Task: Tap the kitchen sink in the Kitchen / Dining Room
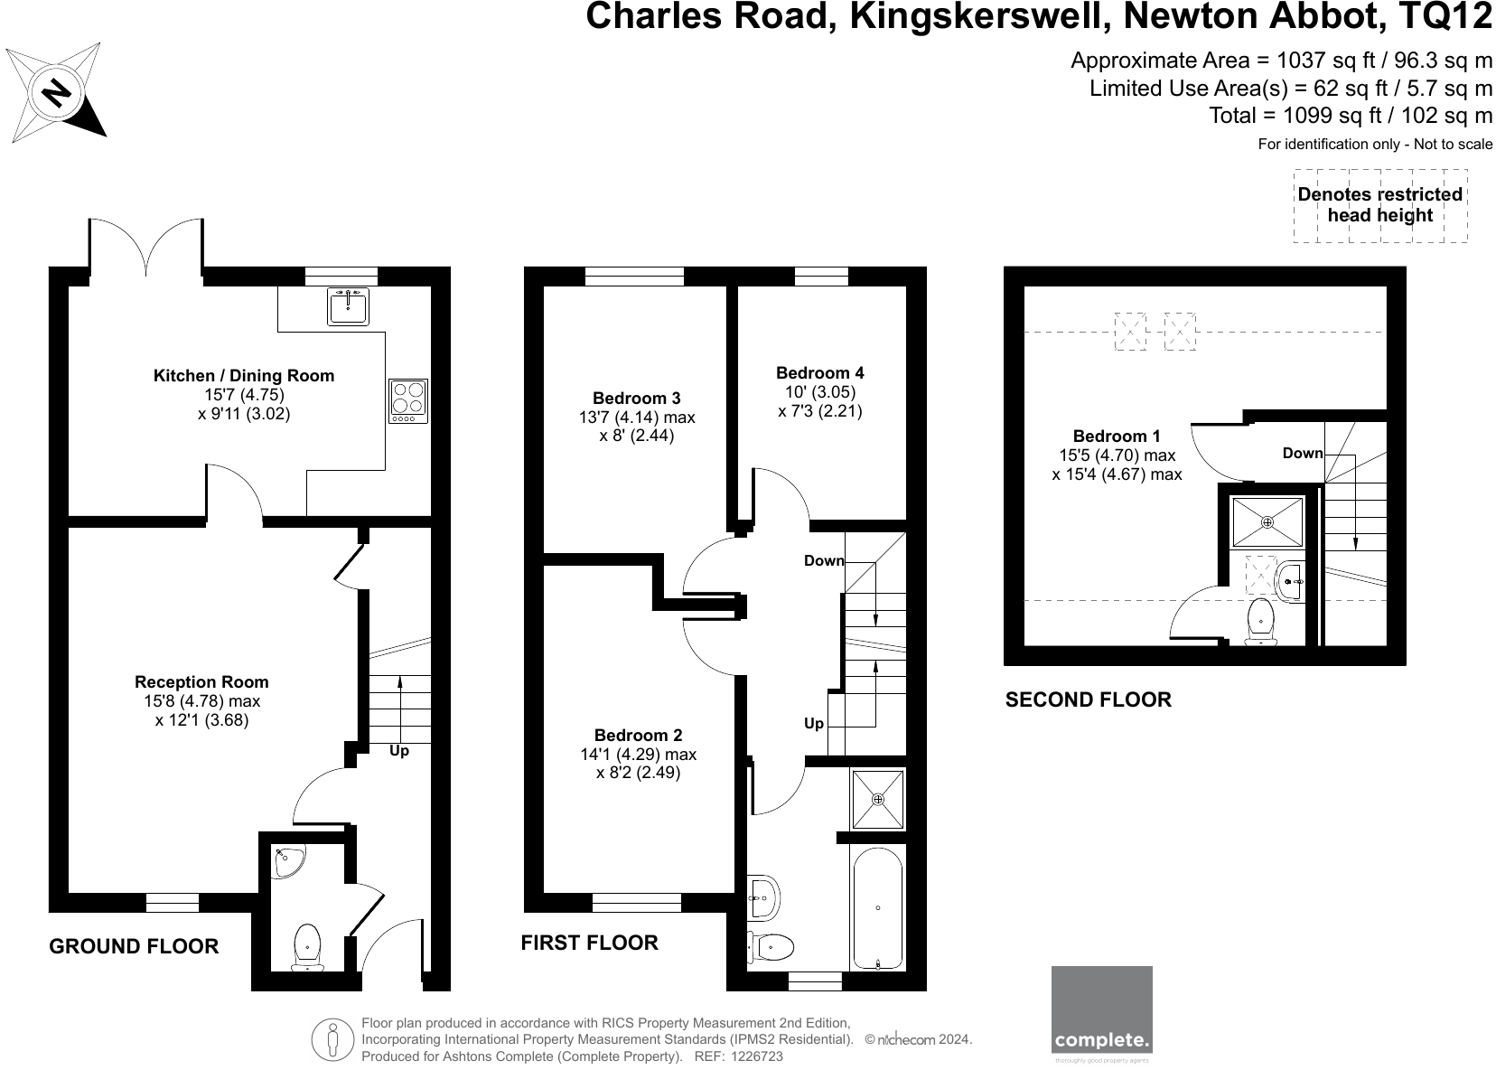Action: click(x=348, y=308)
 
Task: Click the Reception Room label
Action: click(x=201, y=682)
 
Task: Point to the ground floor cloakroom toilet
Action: click(x=307, y=946)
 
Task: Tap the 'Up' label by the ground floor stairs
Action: click(x=398, y=751)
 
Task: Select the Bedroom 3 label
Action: click(x=636, y=398)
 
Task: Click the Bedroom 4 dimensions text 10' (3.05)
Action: click(x=819, y=391)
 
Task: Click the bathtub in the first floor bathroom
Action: click(x=876, y=908)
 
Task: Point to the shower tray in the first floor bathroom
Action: click(x=877, y=799)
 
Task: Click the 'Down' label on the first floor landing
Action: click(x=824, y=561)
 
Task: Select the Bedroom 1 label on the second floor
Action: click(x=1117, y=436)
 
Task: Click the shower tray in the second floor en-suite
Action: click(x=1267, y=522)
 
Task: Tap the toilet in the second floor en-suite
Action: click(x=1260, y=622)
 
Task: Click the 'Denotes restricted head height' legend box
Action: click(x=1379, y=205)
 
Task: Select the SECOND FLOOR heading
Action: click(x=1088, y=699)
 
